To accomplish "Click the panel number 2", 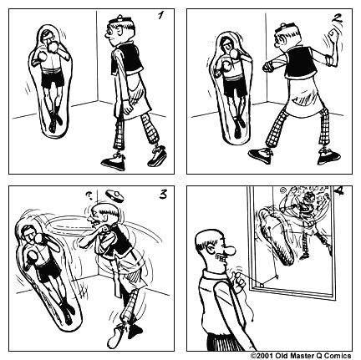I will [337, 18].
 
